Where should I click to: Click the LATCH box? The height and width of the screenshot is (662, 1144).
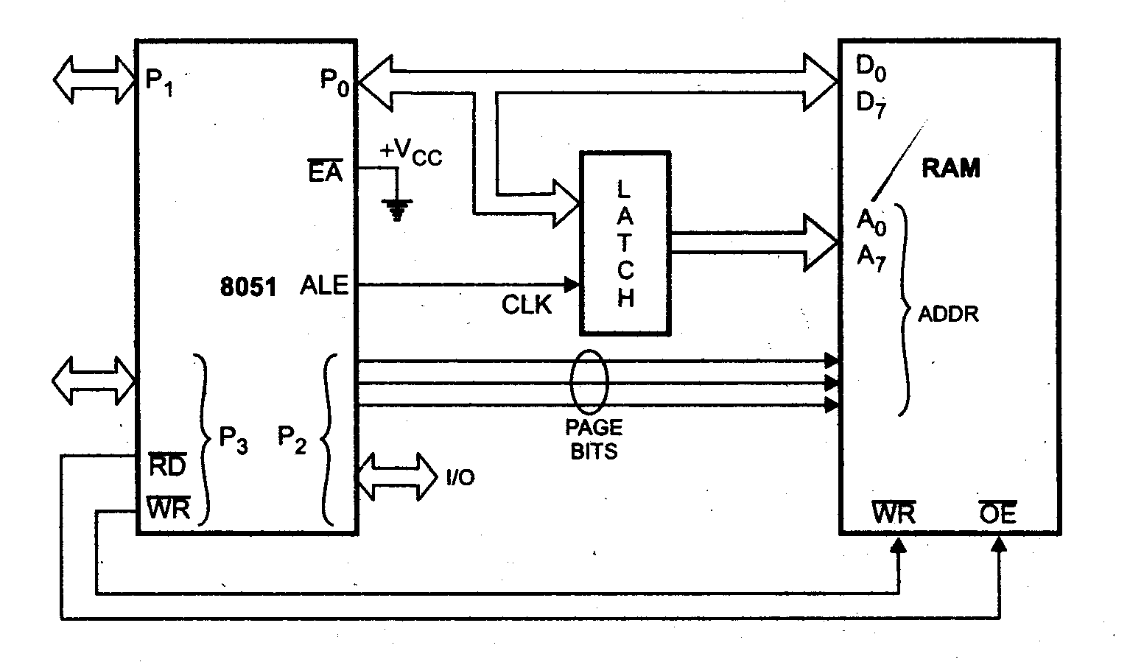(625, 243)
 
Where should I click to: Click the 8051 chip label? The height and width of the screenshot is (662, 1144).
(248, 287)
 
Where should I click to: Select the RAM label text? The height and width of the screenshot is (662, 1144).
(951, 169)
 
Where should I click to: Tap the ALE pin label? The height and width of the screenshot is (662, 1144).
(324, 285)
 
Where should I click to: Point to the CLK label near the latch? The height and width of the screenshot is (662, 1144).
(527, 305)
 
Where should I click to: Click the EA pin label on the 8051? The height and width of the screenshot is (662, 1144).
(325, 173)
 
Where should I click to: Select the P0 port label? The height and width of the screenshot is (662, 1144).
(334, 80)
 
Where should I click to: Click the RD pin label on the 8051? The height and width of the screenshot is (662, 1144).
(167, 465)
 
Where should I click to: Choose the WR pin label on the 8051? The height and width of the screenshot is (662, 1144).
(169, 508)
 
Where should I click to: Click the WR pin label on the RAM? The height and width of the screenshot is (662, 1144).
(894, 513)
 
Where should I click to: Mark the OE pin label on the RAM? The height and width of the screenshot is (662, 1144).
(998, 513)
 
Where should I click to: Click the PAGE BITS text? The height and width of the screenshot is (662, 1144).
(594, 440)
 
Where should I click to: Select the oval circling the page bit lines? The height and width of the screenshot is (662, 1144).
(589, 381)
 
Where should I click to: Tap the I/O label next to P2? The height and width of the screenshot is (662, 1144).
(460, 478)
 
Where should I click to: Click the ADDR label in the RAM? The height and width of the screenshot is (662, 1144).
(948, 314)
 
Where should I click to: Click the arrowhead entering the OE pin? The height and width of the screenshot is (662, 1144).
(999, 544)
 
